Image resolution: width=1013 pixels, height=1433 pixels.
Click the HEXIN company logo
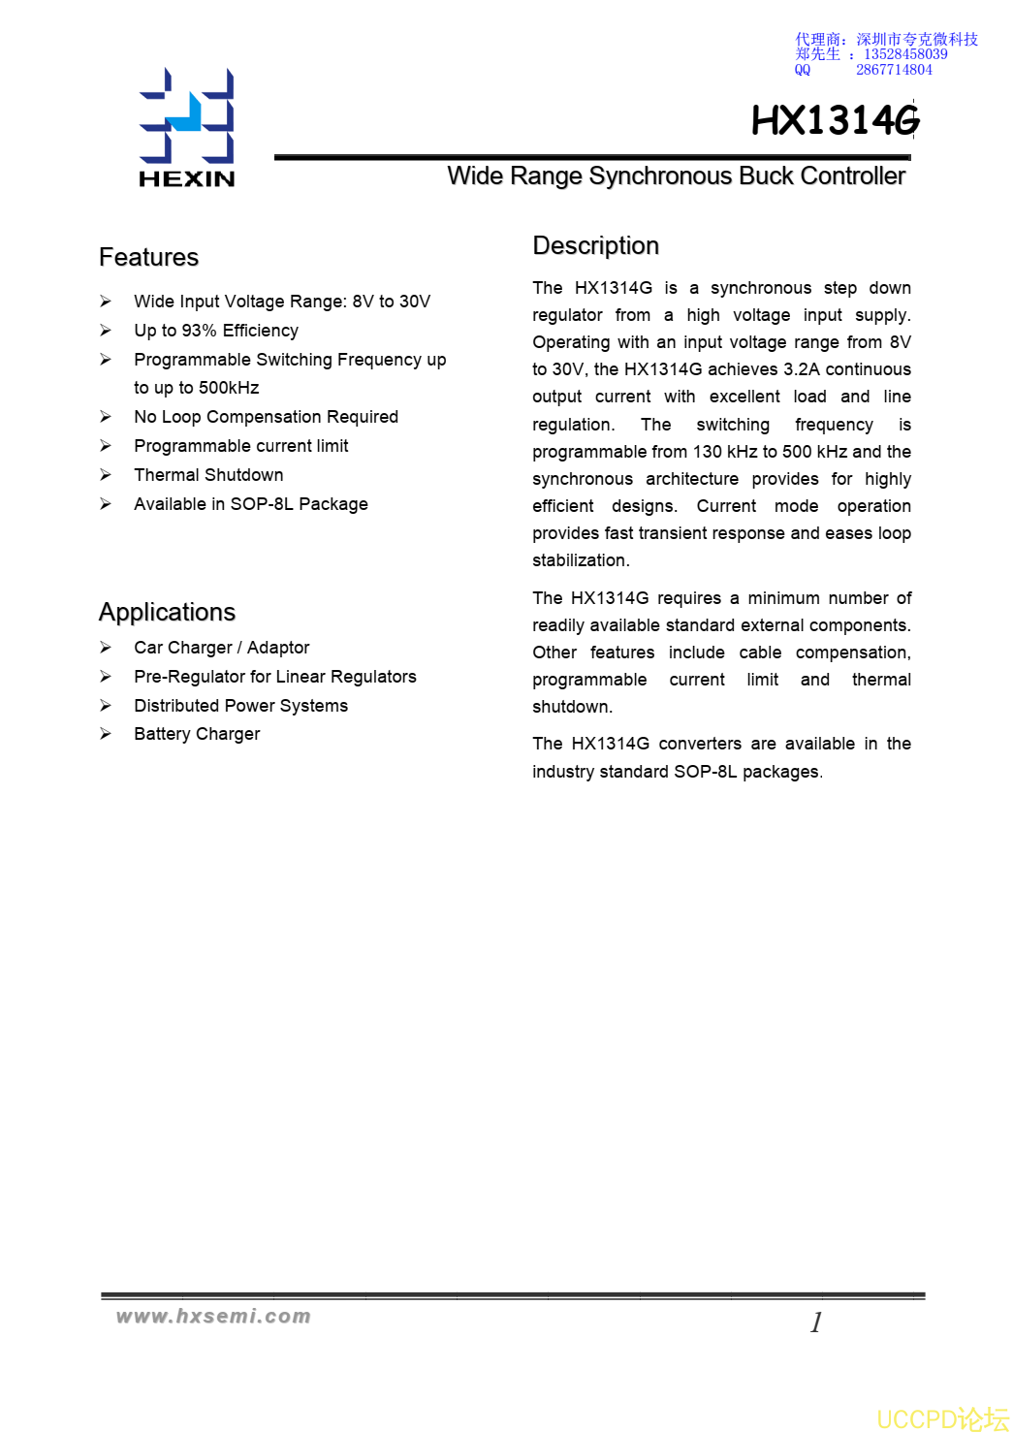(187, 127)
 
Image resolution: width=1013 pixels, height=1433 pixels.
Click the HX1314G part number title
(835, 121)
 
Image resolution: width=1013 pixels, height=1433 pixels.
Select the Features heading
(148, 257)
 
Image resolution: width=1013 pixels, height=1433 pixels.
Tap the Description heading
(595, 245)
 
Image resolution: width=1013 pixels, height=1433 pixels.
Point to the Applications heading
(167, 612)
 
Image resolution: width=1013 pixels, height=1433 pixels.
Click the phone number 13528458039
(905, 54)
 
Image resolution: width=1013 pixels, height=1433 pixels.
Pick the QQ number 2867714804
(894, 70)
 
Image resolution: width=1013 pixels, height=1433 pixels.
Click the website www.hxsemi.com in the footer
(213, 1316)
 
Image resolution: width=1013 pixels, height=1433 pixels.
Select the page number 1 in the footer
(816, 1322)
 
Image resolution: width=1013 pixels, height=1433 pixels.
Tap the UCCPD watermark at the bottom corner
(942, 1418)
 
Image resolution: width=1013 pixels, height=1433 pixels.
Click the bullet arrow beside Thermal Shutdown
(106, 475)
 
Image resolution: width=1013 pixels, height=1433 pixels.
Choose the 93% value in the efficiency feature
(199, 331)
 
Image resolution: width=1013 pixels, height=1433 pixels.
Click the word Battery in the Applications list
(162, 734)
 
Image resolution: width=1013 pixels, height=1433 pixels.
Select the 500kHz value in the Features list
(229, 388)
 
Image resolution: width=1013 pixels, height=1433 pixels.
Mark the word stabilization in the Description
(580, 560)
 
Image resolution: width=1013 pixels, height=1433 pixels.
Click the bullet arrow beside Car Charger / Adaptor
(106, 648)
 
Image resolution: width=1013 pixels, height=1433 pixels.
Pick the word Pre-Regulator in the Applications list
(189, 677)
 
